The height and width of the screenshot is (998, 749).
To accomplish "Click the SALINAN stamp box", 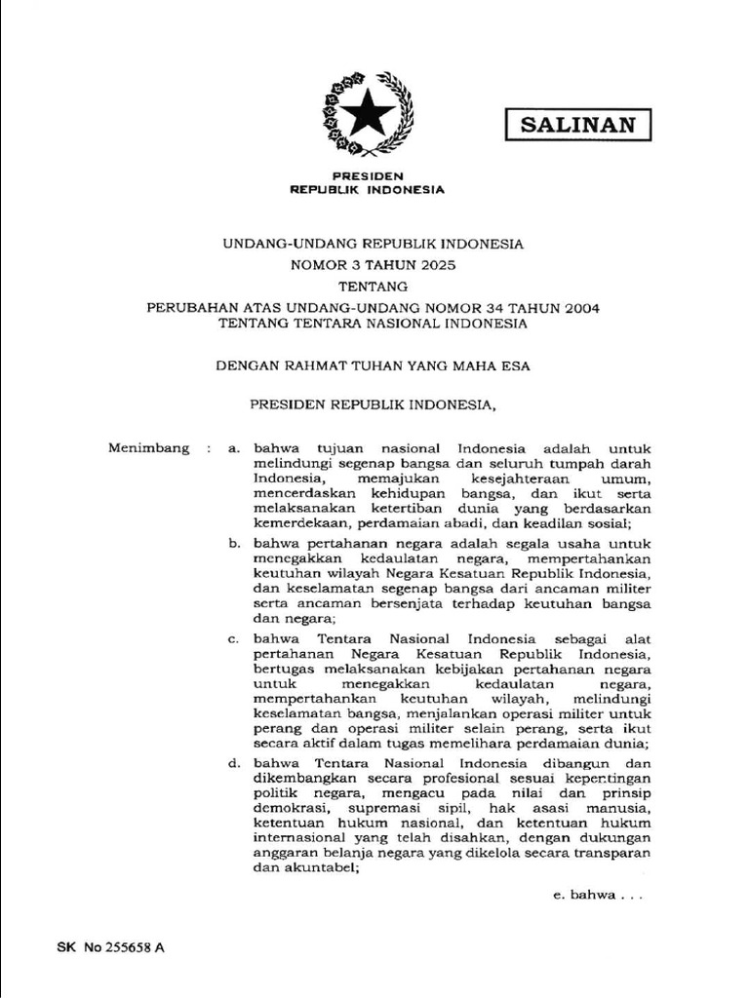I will (x=577, y=124).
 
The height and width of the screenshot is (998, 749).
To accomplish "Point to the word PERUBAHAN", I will (x=190, y=307).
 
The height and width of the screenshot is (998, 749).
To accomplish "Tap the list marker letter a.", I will (x=233, y=448).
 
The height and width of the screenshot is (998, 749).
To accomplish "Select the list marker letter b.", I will (x=233, y=542).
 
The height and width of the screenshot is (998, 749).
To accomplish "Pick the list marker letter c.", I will (x=233, y=638).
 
